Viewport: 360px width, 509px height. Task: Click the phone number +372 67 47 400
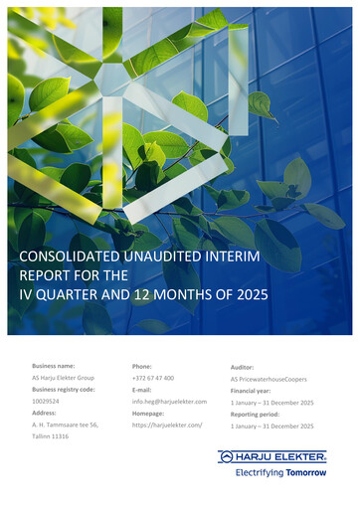tap(152, 379)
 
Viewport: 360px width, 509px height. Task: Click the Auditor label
tap(244, 367)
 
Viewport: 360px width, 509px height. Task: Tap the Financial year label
tap(254, 391)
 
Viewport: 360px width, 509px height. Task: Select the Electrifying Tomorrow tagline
tap(280, 473)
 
